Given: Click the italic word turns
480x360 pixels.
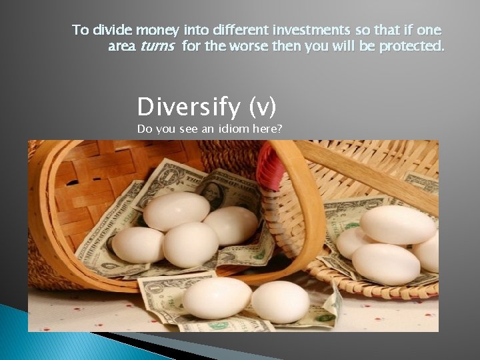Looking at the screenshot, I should [x=157, y=47].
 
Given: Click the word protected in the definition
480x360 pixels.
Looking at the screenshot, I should [x=409, y=47].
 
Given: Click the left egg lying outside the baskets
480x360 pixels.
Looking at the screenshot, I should [x=217, y=297].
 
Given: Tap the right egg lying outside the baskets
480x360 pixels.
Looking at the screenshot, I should [x=280, y=301].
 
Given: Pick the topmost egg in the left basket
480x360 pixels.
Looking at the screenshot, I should [x=177, y=211].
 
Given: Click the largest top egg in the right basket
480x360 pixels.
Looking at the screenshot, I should [x=397, y=224].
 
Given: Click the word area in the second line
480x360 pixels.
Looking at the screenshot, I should [x=121, y=47].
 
